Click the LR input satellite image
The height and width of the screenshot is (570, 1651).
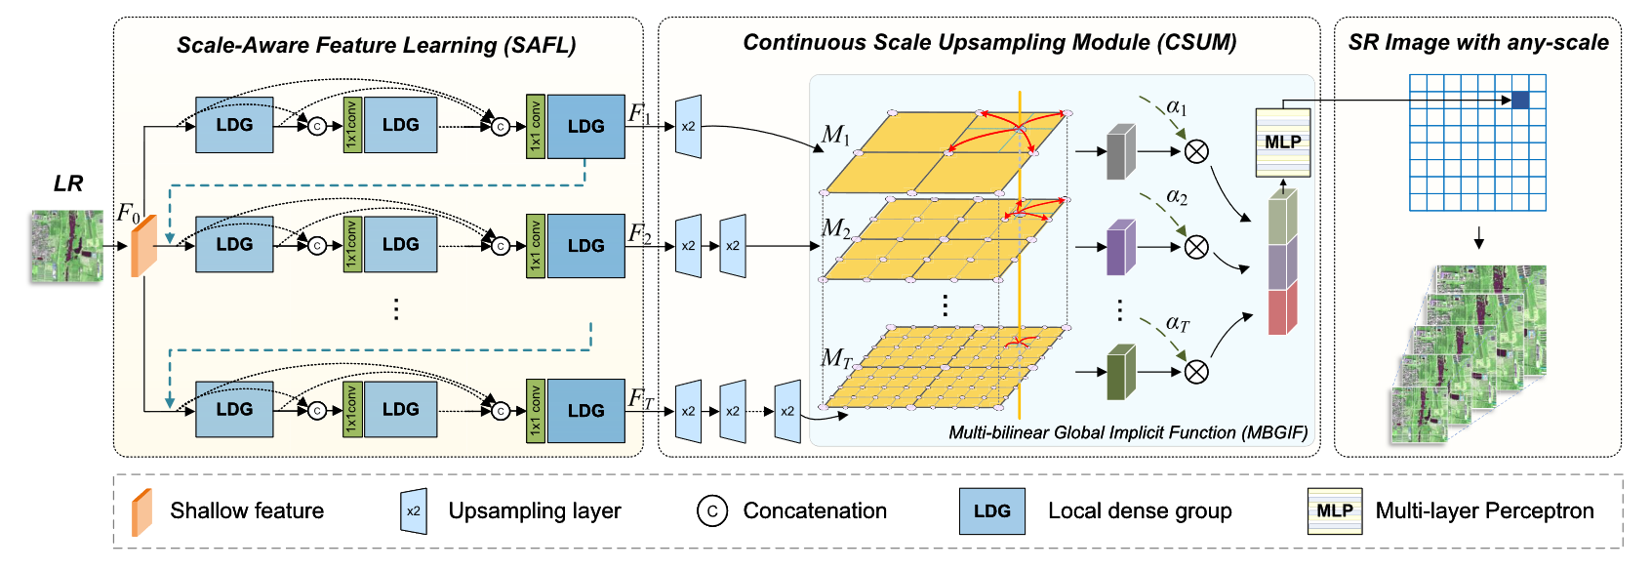[x=66, y=246]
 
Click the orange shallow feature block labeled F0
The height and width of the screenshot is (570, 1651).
[x=143, y=246]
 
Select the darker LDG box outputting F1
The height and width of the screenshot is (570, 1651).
[x=585, y=127]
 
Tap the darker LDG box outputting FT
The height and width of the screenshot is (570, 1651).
[x=585, y=411]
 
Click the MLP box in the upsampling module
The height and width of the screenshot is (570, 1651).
[x=1282, y=142]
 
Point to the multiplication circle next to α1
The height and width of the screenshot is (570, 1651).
[x=1196, y=151]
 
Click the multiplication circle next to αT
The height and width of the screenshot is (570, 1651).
[x=1196, y=372]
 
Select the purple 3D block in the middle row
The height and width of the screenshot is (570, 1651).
[x=1121, y=247]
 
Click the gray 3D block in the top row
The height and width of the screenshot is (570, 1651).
[x=1121, y=151]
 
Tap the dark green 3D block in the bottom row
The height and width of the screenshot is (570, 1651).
[x=1121, y=372]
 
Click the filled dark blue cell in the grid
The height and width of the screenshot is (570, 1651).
[x=1520, y=100]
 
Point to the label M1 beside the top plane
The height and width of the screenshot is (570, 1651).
[x=835, y=135]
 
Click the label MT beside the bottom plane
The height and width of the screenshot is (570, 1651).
[x=836, y=359]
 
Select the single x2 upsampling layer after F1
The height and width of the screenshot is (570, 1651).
[x=688, y=127]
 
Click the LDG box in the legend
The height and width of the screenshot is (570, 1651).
[x=991, y=511]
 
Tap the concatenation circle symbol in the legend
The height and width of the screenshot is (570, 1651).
[x=712, y=510]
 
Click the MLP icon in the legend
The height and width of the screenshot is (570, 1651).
[x=1334, y=511]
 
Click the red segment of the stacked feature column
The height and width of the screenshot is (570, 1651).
[x=1282, y=310]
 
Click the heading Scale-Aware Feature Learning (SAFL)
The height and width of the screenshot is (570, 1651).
[x=376, y=45]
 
